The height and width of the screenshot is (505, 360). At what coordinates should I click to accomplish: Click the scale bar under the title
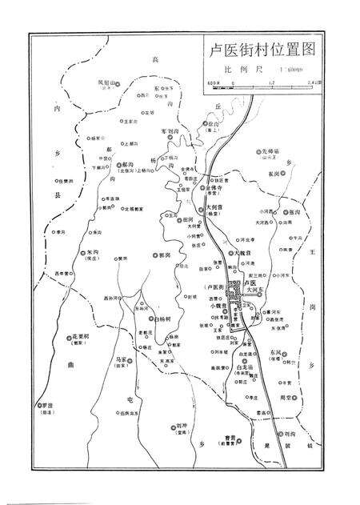tap(264, 81)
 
